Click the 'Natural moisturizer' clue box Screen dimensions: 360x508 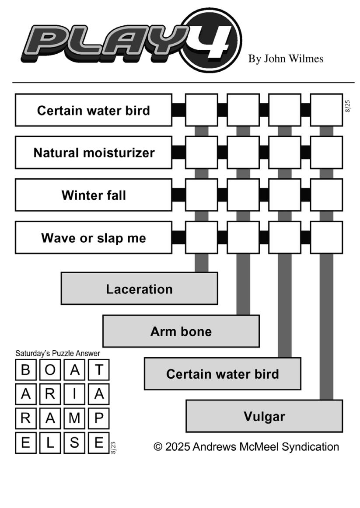tap(94, 153)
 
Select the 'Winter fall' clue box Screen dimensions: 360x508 tap(94, 195)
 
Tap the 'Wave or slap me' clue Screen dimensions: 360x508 tap(94, 237)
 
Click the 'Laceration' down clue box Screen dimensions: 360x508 tap(140, 289)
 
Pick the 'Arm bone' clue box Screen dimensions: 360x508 tap(181, 331)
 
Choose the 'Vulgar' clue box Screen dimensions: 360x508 tap(264, 416)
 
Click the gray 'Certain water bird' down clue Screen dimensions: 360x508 tap(223, 374)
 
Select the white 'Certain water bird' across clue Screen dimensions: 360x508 tap(94, 110)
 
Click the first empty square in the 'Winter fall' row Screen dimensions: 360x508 tap(202, 195)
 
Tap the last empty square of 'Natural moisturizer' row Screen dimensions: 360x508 tap(327, 153)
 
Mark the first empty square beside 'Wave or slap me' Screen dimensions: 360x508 tap(202, 237)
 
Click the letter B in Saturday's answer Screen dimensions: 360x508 tap(26, 370)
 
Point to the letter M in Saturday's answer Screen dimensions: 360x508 tap(74, 418)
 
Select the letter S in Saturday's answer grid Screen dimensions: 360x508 tap(74, 442)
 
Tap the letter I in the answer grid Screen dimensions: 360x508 tap(74, 394)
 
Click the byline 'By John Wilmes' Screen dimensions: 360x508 tap(286, 59)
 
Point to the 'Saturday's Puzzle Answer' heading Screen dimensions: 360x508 tap(58, 353)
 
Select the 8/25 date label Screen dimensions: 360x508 tap(348, 106)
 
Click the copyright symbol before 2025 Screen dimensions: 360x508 tap(158, 447)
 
